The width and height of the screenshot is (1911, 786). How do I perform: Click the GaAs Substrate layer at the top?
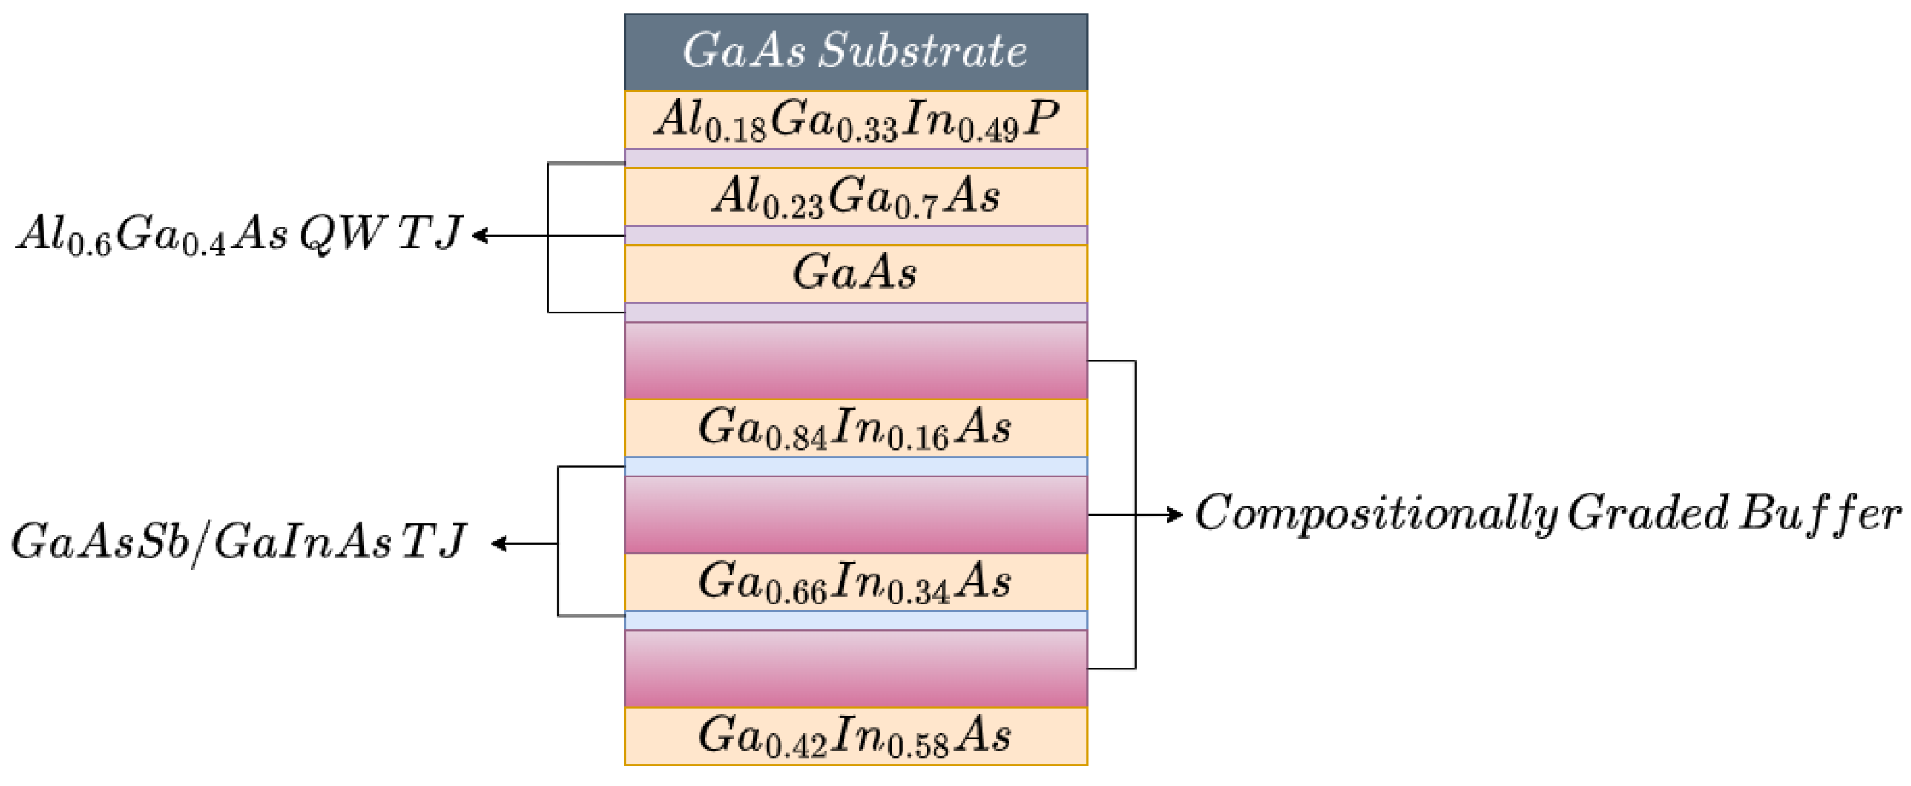(x=856, y=52)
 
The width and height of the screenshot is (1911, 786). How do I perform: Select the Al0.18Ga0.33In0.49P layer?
(x=856, y=120)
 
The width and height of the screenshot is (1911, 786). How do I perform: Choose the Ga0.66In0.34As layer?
(x=856, y=582)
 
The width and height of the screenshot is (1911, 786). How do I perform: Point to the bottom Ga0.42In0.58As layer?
(x=856, y=736)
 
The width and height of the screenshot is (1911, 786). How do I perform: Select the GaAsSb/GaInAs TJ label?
(x=238, y=543)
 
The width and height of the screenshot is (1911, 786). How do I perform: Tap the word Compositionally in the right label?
(x=1376, y=513)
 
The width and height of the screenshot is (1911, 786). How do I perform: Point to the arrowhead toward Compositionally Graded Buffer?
(x=1176, y=514)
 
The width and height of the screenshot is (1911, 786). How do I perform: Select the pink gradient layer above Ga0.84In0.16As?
(x=856, y=361)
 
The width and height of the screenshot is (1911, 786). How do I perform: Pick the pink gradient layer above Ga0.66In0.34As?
(x=856, y=515)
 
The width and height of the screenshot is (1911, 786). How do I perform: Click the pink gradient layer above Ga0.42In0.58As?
(x=856, y=668)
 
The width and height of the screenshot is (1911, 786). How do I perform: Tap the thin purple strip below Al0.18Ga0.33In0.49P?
(x=856, y=159)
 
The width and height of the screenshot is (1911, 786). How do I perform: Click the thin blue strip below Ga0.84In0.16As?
(x=856, y=467)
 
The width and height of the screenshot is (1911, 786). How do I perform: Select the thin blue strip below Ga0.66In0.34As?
(x=856, y=620)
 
